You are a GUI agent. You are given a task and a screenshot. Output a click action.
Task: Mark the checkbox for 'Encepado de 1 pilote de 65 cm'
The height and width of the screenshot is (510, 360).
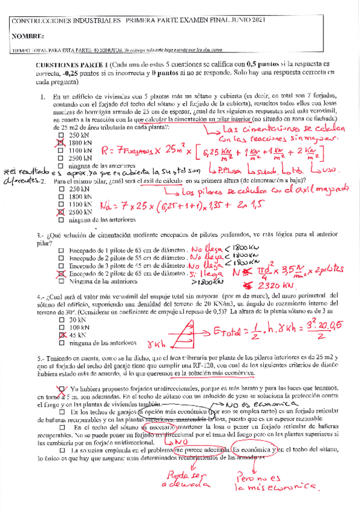(x=61, y=249)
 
